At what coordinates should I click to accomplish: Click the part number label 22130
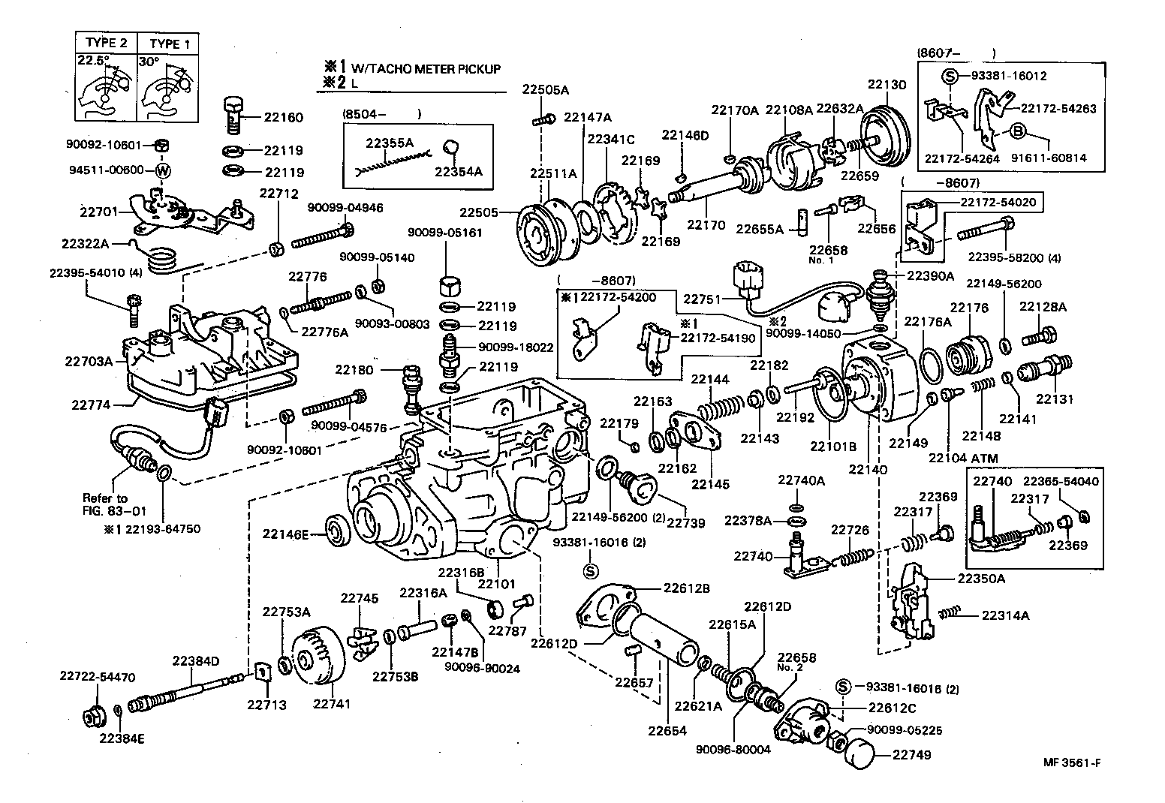[x=887, y=85]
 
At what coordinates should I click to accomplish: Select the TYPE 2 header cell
[x=106, y=44]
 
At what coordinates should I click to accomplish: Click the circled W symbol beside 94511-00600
[x=162, y=170]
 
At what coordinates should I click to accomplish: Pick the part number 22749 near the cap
[x=912, y=755]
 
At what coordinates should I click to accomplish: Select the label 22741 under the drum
[x=332, y=704]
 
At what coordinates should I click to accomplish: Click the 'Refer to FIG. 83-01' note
[x=105, y=504]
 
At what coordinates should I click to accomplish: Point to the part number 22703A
[x=88, y=361]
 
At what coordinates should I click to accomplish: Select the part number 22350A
[x=980, y=579]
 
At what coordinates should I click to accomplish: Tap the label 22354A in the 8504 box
[x=458, y=171]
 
